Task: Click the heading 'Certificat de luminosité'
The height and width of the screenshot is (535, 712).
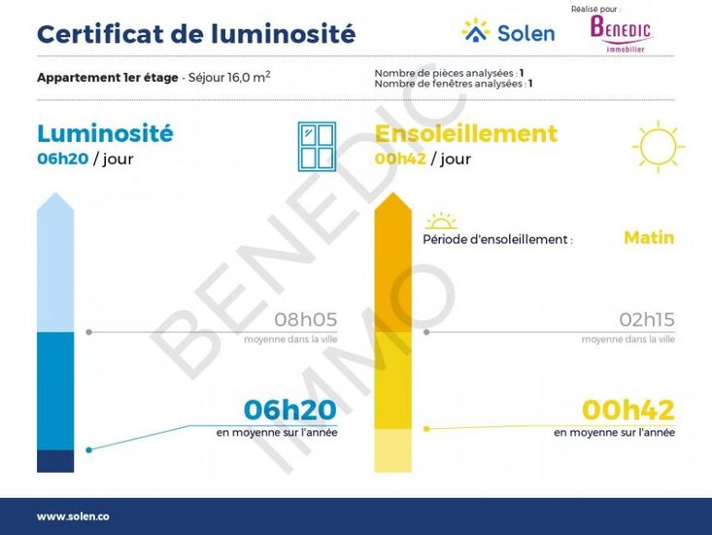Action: pyautogui.click(x=196, y=34)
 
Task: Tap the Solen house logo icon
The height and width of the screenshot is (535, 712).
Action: pyautogui.click(x=475, y=30)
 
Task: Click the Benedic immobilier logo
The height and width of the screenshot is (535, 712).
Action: pyautogui.click(x=621, y=34)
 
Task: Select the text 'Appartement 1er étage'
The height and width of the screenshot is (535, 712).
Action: pyautogui.click(x=108, y=77)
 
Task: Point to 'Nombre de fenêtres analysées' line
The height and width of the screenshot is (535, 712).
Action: pyautogui.click(x=454, y=84)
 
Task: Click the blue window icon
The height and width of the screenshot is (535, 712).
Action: pyautogui.click(x=317, y=146)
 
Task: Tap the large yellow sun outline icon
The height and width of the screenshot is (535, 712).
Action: pyautogui.click(x=658, y=146)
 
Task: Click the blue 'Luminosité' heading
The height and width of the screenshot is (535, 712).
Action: pyautogui.click(x=105, y=133)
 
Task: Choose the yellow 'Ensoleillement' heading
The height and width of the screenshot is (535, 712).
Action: pyautogui.click(x=466, y=133)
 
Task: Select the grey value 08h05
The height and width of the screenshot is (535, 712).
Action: pyautogui.click(x=306, y=320)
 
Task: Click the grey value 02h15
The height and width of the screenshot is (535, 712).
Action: pyautogui.click(x=647, y=320)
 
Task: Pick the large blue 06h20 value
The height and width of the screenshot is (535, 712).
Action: pyautogui.click(x=290, y=410)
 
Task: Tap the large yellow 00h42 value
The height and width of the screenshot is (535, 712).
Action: pyautogui.click(x=628, y=410)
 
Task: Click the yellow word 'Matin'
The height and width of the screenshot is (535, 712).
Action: pyautogui.click(x=649, y=237)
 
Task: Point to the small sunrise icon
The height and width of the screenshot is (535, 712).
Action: pyautogui.click(x=441, y=221)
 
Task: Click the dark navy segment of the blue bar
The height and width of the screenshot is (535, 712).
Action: pyautogui.click(x=55, y=461)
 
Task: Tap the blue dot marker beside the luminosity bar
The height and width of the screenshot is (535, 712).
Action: pyautogui.click(x=89, y=450)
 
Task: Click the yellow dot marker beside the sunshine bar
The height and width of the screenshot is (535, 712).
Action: pyautogui.click(x=426, y=429)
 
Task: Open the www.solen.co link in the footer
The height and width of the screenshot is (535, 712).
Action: pyautogui.click(x=73, y=517)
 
